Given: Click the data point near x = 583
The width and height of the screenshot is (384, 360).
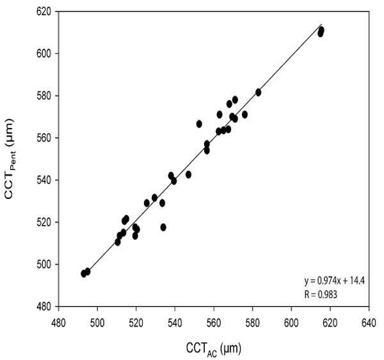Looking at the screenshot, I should click(x=258, y=92).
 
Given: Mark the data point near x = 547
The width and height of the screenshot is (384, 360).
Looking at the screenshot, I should click(x=188, y=174).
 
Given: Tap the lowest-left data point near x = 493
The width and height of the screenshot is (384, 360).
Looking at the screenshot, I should click(x=84, y=274).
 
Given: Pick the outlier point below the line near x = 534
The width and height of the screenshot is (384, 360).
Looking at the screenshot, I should click(x=163, y=227).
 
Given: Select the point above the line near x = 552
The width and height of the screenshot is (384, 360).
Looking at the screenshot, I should click(x=199, y=123).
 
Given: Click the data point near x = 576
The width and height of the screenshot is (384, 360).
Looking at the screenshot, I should click(x=244, y=114).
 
